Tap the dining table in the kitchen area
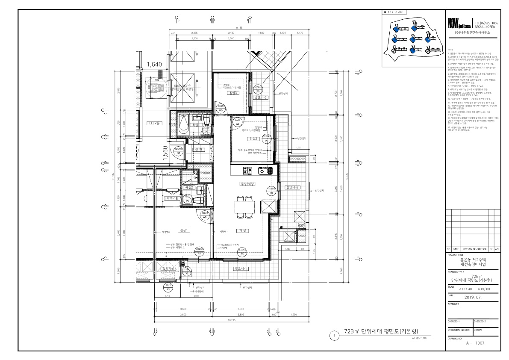tap(245, 208)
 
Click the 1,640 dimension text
tap(154, 65)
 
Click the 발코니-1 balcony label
tap(241, 269)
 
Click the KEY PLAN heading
tap(396, 12)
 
